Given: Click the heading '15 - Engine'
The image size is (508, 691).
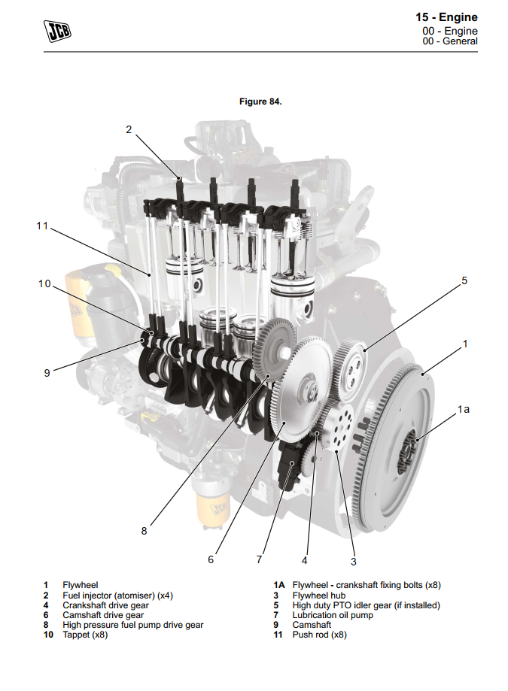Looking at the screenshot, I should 446,17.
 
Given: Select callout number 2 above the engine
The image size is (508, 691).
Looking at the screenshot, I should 129,129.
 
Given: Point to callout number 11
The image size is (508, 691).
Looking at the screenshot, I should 43,225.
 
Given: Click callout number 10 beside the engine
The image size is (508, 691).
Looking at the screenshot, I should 44,283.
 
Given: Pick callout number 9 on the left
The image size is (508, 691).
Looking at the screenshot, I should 47,372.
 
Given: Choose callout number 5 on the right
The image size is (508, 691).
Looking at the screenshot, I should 464,280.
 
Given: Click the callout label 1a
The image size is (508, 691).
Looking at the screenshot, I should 464,409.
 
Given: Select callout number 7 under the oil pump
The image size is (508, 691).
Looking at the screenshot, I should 259,559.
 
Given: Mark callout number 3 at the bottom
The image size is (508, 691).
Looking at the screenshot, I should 353,560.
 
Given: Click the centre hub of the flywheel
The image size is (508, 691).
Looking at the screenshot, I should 409,450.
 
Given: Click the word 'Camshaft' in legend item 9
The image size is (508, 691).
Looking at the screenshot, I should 312,625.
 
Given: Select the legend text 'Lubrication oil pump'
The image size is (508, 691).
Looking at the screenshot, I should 333,615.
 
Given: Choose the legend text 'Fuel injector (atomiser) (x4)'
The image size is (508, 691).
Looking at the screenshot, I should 117,596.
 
